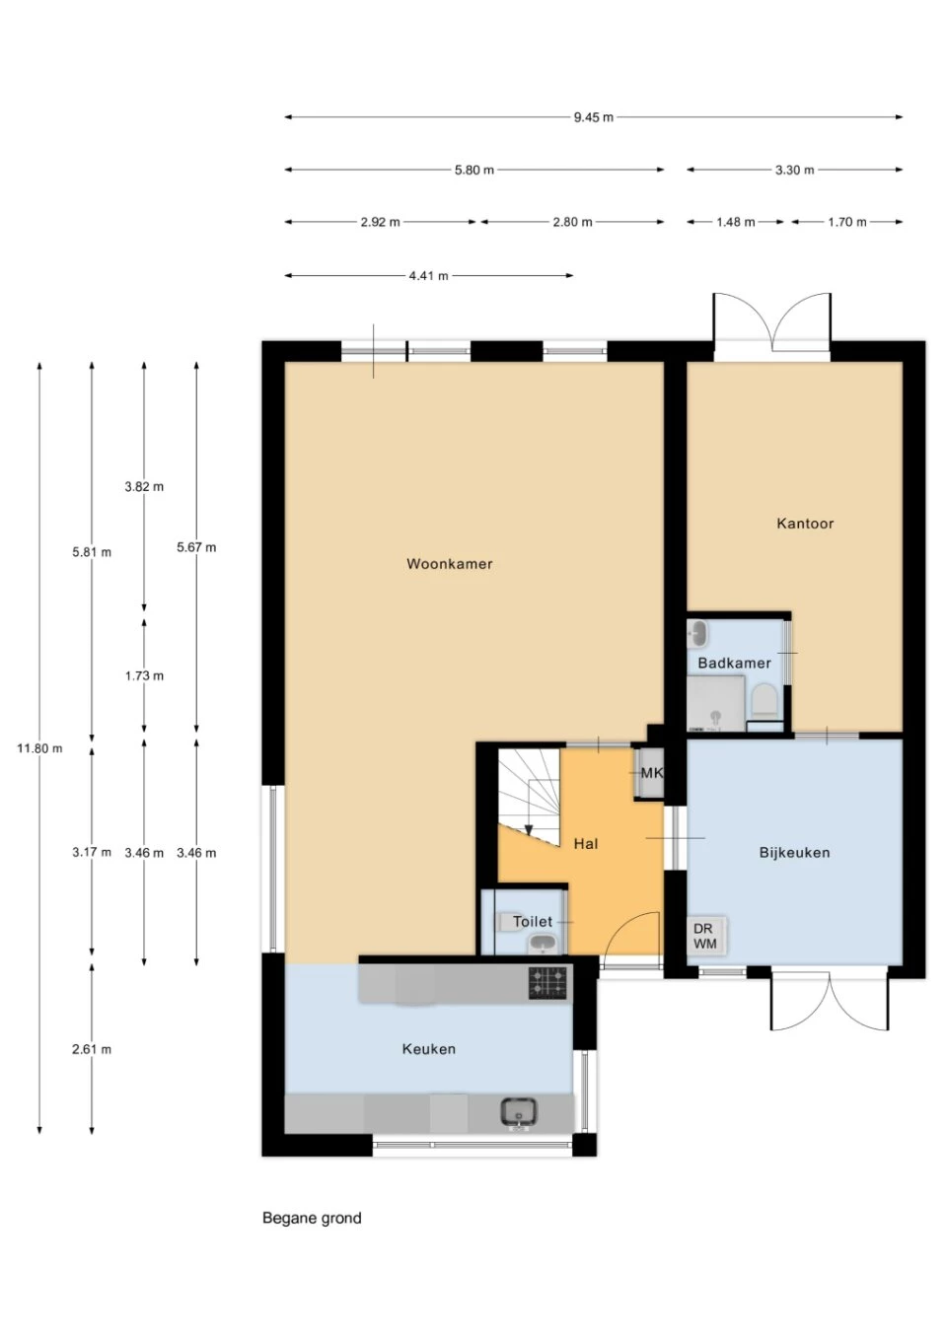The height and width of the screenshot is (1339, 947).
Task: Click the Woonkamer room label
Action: coord(449,564)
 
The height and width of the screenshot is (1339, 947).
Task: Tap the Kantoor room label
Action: coord(805,524)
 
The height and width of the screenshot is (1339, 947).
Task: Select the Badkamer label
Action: coord(734,663)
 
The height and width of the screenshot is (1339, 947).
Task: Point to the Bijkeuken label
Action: coord(794,853)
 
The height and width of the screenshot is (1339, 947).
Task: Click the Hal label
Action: coord(585,843)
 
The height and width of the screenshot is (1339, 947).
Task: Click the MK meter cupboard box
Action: coord(650,773)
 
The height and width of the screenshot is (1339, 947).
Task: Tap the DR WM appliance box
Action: coord(705,937)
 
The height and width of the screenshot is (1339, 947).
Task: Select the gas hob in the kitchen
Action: coord(547,983)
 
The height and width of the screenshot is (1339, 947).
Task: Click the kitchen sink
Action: coord(518,1112)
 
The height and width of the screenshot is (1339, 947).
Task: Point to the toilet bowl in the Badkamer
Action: coord(764,701)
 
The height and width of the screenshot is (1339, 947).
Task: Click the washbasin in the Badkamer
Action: coord(697,634)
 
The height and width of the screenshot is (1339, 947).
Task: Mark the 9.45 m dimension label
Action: coord(593,117)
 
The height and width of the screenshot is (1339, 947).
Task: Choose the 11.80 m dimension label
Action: coord(39,747)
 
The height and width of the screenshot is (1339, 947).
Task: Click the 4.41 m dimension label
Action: coord(429,275)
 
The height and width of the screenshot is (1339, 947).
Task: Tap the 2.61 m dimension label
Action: coord(92,1049)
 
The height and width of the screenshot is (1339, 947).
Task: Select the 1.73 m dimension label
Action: coord(144,675)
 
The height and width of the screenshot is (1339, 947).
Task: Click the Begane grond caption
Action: coord(312,1218)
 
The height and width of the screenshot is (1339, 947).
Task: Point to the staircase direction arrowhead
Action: coord(529,830)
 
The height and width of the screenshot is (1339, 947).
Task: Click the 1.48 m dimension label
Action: coord(735,222)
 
